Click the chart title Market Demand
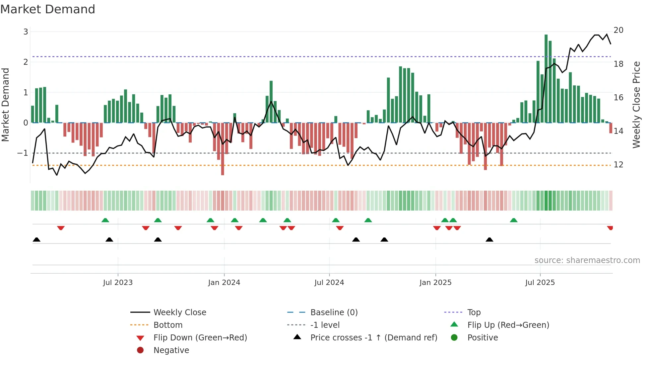(x=48, y=9)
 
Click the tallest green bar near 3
(x=546, y=78)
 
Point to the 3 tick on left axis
(x=26, y=32)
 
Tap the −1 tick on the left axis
(x=23, y=153)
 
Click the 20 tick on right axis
(x=618, y=30)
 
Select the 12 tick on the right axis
(x=618, y=165)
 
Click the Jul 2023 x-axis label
(x=118, y=283)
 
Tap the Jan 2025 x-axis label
(x=435, y=283)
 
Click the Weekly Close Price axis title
(x=636, y=105)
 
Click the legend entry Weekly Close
(x=179, y=313)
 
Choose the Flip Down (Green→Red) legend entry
(x=200, y=338)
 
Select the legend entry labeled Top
(x=474, y=313)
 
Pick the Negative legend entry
(x=171, y=350)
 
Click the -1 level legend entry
(x=325, y=325)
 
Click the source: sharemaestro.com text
(x=587, y=260)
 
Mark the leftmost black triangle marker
(x=36, y=240)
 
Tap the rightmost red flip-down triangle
(x=610, y=228)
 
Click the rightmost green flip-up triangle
(x=514, y=220)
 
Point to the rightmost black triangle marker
(x=489, y=240)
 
